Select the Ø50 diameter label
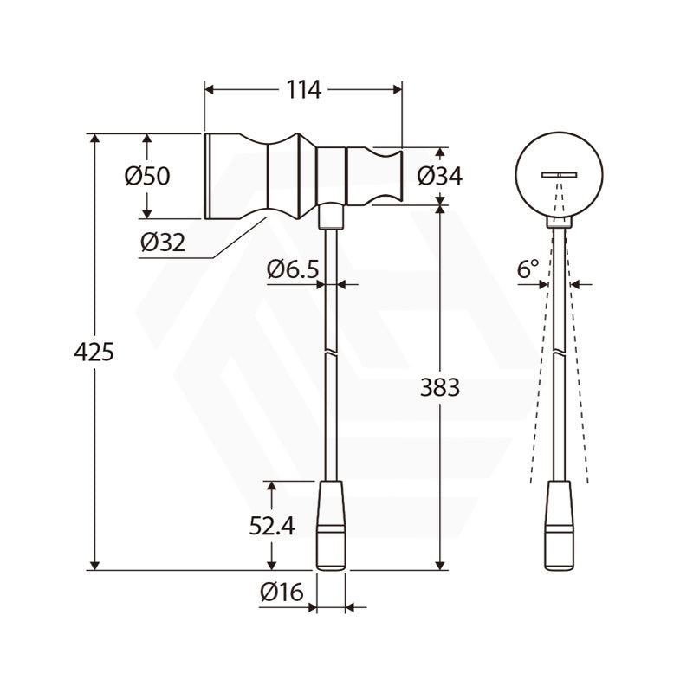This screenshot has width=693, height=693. tap(146, 176)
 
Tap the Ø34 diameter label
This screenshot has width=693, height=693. tap(439, 176)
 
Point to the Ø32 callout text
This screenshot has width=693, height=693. tap(163, 243)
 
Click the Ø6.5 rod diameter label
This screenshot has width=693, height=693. tap(293, 269)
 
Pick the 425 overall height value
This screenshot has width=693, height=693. tap(94, 353)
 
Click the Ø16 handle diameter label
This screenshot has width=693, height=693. tap(281, 593)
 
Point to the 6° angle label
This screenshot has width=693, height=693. tap(528, 269)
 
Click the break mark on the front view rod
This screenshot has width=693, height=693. tap(331, 354)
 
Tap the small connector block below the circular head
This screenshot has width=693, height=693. tap(559, 222)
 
